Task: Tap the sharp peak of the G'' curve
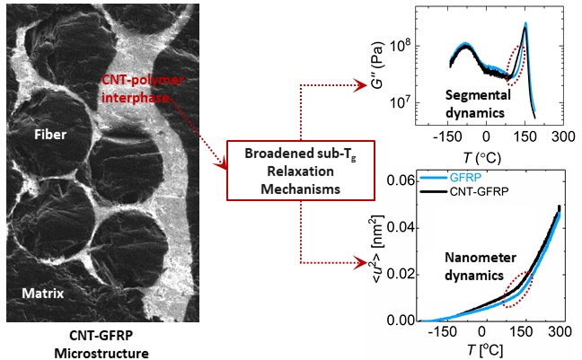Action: [x=525, y=24]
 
